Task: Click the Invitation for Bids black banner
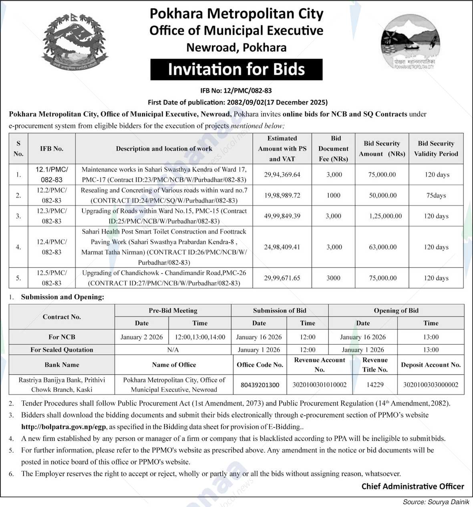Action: (x=236, y=69)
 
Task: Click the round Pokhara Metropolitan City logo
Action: (x=408, y=41)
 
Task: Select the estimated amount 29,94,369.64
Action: (x=282, y=175)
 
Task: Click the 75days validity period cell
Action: (x=436, y=196)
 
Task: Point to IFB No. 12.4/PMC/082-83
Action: (x=52, y=247)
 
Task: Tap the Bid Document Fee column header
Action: (x=334, y=149)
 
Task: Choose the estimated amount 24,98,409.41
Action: (x=282, y=247)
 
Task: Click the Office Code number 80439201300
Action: (x=260, y=385)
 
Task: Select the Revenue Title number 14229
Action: (x=375, y=385)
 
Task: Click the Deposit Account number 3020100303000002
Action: (x=431, y=385)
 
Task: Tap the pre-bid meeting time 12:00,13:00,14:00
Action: (x=199, y=337)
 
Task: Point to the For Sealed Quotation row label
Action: (x=62, y=349)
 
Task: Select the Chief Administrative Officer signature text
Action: (x=413, y=486)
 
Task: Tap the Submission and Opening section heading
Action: (x=62, y=297)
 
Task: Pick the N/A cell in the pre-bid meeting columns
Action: (x=173, y=349)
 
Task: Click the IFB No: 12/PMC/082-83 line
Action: (x=236, y=91)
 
